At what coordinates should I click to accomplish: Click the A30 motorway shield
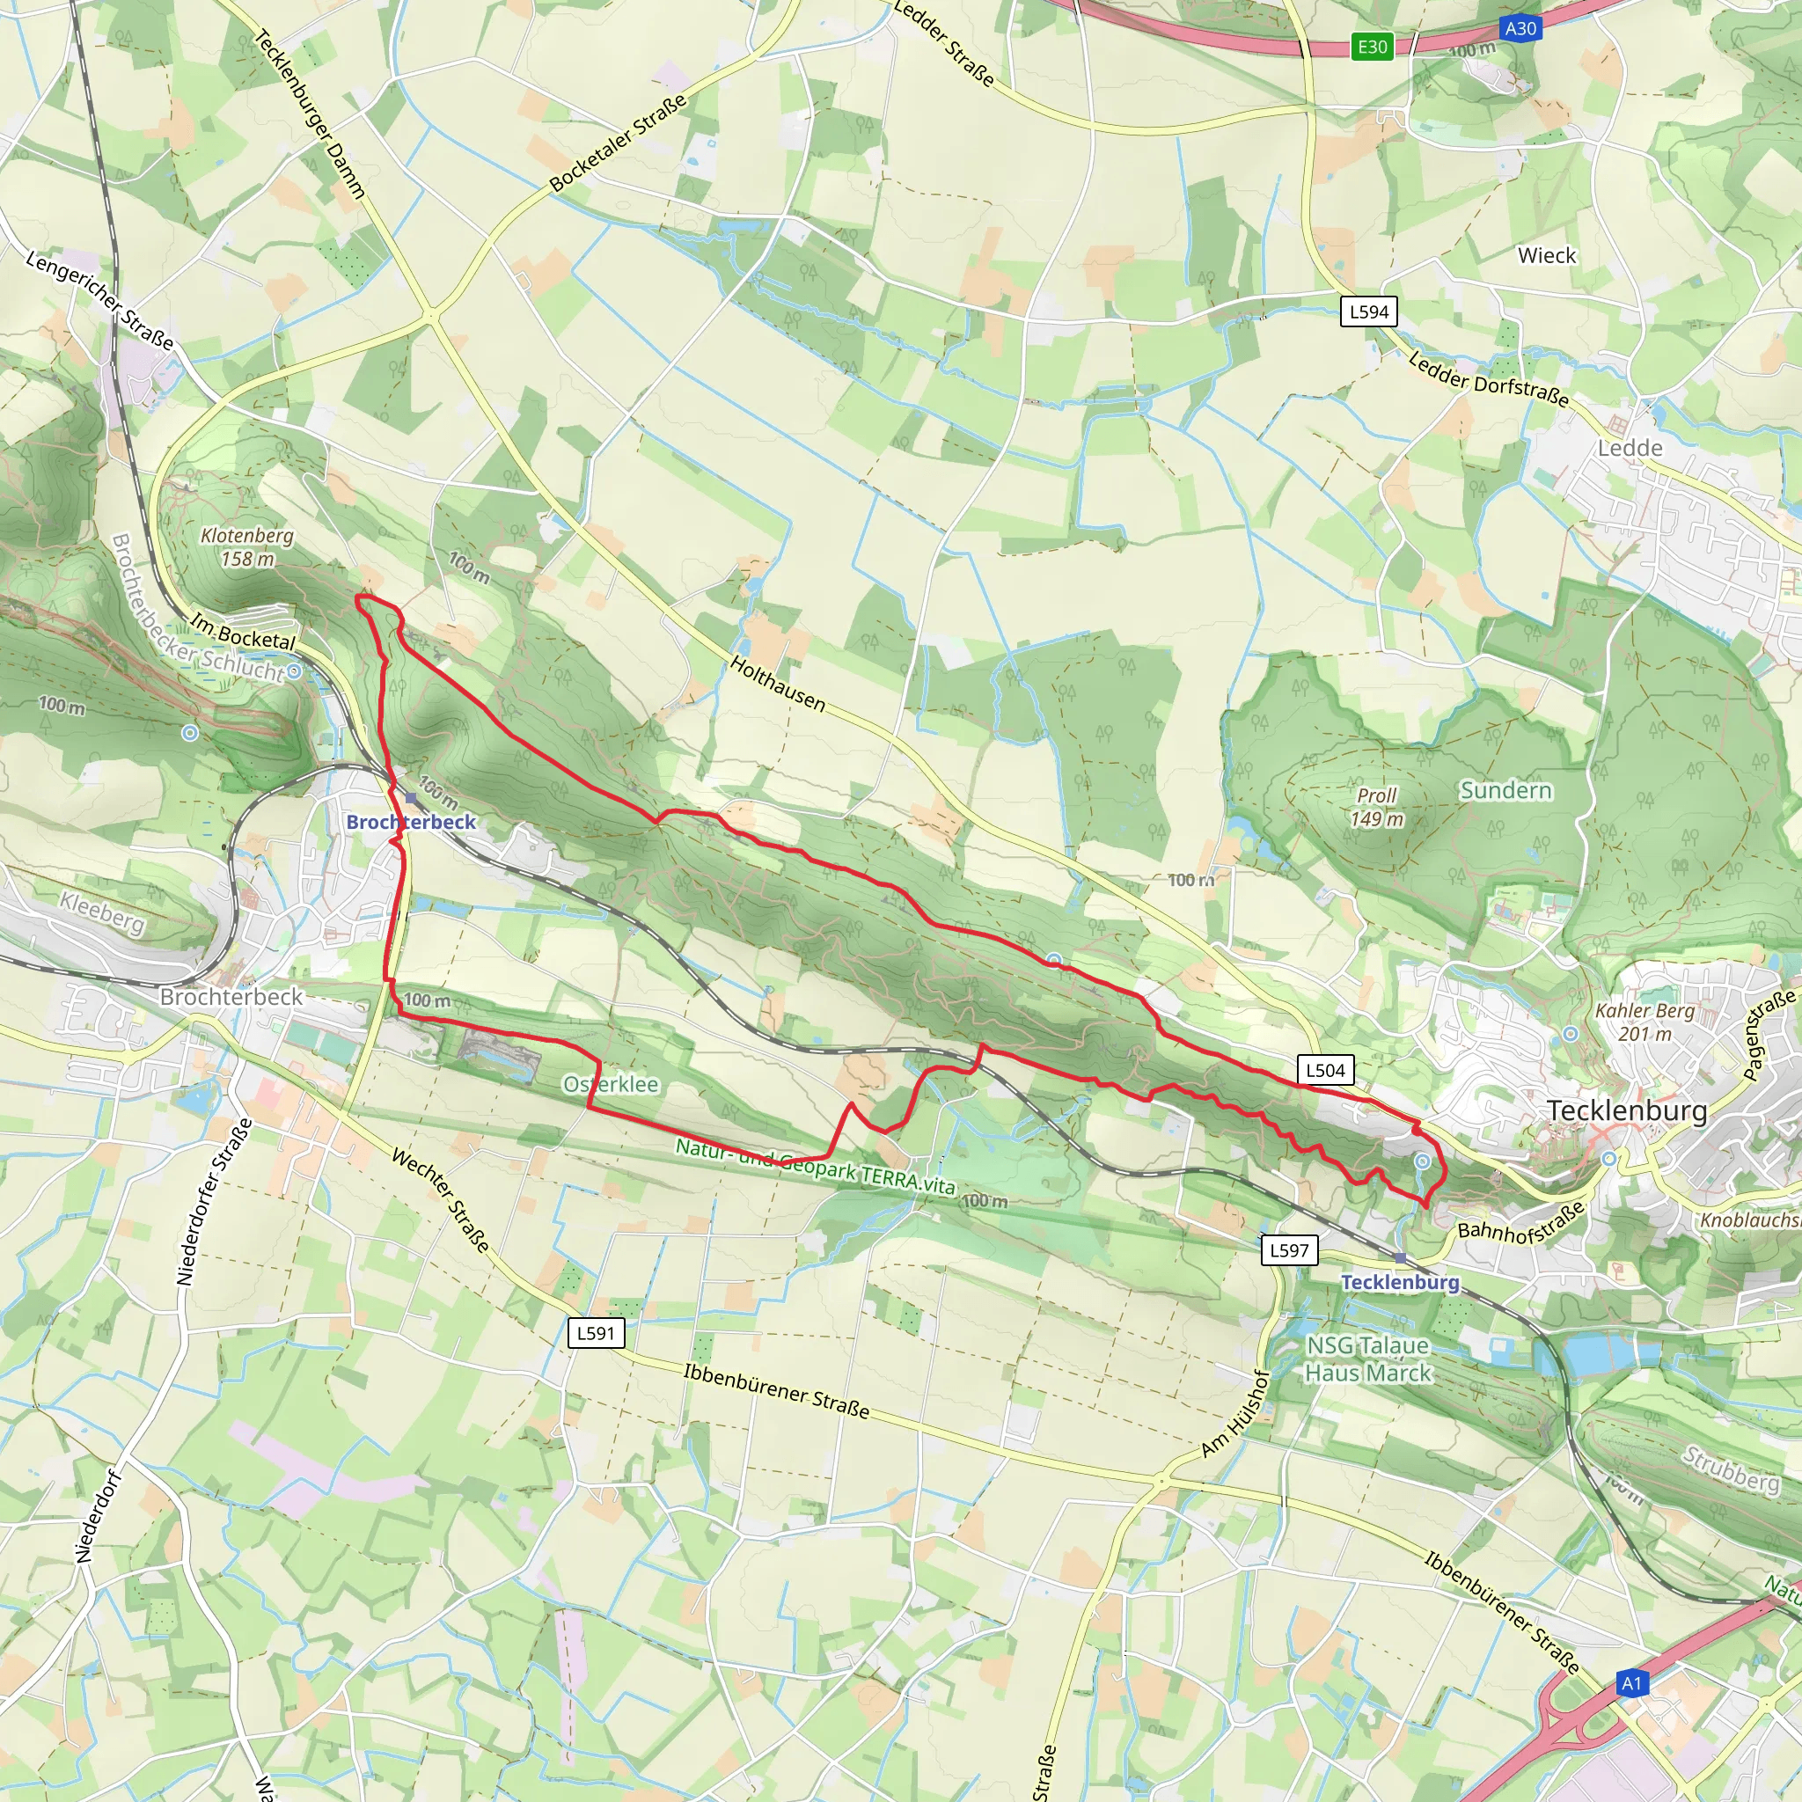click(1520, 28)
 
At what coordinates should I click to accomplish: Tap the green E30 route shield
click(1372, 47)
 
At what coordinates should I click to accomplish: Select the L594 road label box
click(1369, 311)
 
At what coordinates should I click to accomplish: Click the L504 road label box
click(1325, 1070)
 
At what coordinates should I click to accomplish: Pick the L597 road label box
click(1289, 1249)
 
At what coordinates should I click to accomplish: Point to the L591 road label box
click(595, 1333)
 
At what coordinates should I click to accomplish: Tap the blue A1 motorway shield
click(1631, 1683)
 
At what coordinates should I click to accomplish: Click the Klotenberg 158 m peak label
click(247, 546)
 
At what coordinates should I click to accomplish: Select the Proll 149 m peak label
click(1377, 807)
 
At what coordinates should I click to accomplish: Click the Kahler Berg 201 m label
click(1645, 1022)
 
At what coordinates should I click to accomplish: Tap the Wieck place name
click(1547, 255)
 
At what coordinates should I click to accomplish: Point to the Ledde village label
click(1630, 448)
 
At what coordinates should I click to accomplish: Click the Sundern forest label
click(1505, 790)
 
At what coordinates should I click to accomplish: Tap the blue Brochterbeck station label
click(410, 822)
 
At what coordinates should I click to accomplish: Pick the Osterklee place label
click(611, 1084)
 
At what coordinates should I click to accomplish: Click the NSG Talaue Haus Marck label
click(1367, 1359)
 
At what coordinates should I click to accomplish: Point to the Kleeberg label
click(103, 912)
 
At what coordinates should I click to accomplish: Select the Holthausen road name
click(778, 684)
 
